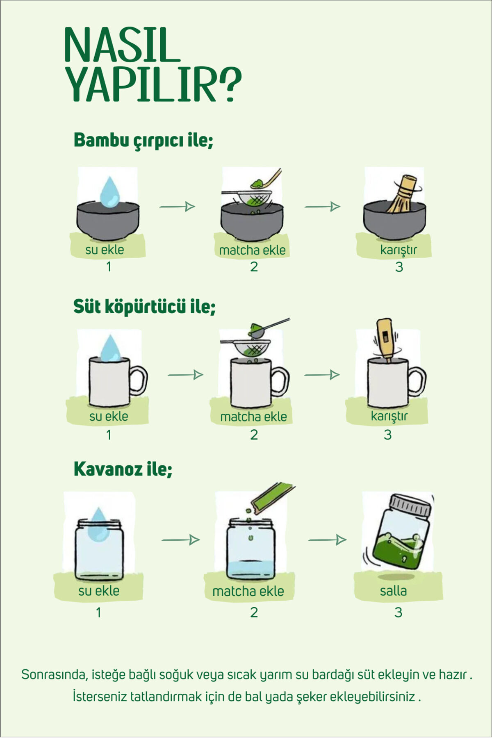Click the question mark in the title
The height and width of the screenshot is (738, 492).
[228, 85]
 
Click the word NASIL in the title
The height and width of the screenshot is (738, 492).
[122, 45]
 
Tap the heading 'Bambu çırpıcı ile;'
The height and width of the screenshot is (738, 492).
[143, 140]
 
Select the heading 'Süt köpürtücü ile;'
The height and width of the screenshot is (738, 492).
[144, 307]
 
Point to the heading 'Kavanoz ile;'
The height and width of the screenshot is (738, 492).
[123, 469]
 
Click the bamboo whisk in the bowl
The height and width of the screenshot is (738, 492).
[403, 194]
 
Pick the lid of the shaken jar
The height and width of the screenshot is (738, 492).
[410, 506]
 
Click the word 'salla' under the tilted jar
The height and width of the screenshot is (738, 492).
[393, 591]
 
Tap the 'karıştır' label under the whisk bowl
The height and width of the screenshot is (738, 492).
[398, 250]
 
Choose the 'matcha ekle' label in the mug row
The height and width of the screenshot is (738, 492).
[253, 417]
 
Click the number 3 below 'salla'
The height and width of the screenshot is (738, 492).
[398, 613]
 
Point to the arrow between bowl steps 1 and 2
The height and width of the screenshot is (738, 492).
[177, 207]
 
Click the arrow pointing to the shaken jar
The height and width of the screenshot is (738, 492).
[328, 540]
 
